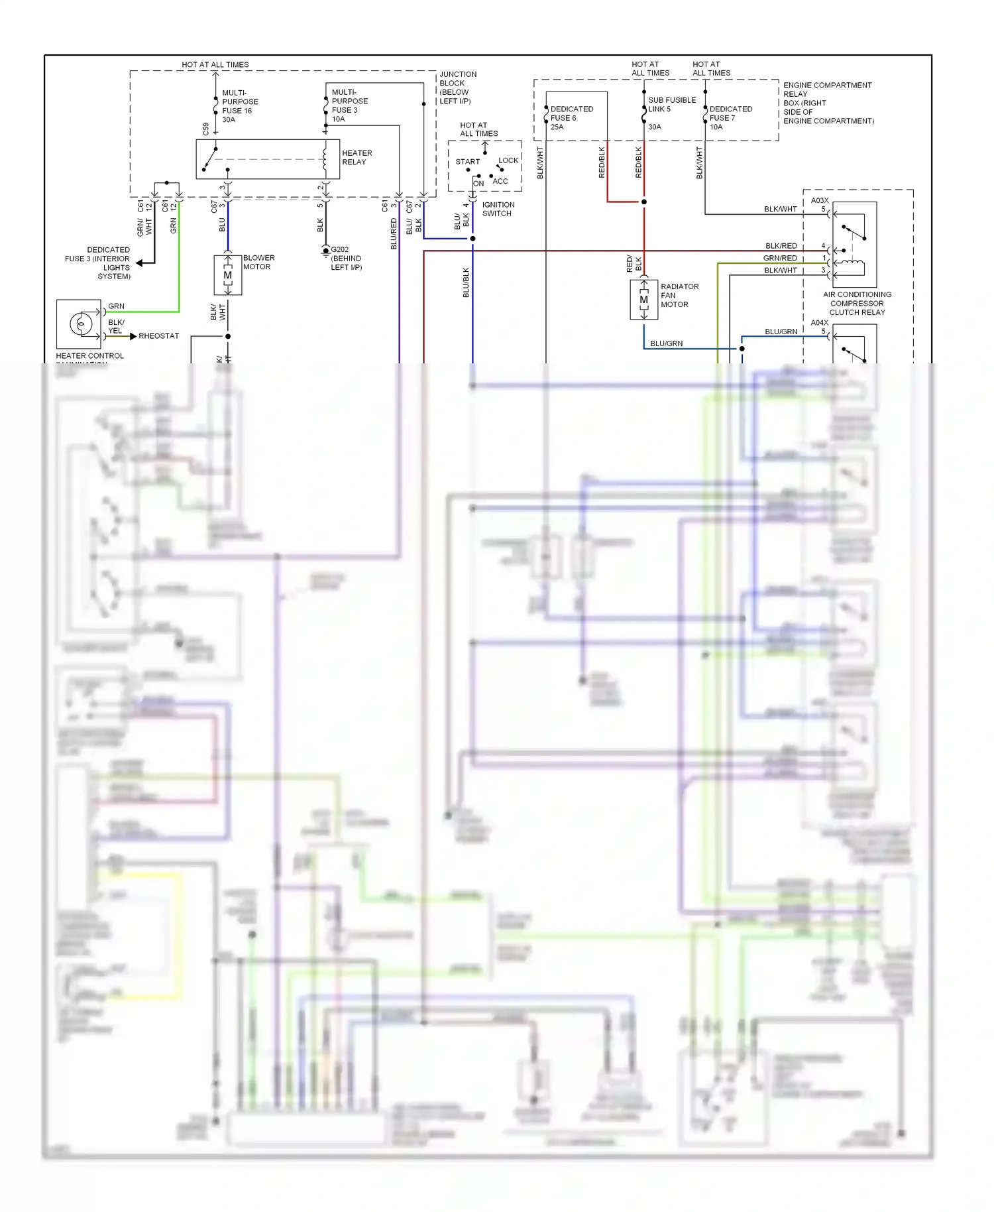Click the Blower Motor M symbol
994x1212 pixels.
click(x=227, y=275)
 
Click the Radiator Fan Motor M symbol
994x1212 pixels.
click(x=643, y=300)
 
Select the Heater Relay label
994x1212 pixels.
click(x=357, y=157)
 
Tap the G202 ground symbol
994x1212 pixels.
click(x=325, y=251)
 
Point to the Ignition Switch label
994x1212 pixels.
click(x=498, y=209)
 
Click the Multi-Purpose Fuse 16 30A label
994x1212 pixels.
click(x=239, y=106)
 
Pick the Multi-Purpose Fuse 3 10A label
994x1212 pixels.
click(x=349, y=105)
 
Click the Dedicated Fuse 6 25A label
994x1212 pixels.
click(x=571, y=117)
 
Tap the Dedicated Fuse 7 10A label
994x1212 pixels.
click(x=730, y=117)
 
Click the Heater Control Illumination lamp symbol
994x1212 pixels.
click(x=81, y=324)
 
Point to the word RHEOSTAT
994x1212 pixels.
click(x=158, y=336)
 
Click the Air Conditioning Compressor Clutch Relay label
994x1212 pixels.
click(x=857, y=303)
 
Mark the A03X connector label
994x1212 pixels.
click(x=820, y=200)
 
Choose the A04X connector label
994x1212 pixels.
click(x=820, y=323)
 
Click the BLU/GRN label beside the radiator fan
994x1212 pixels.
click(x=666, y=343)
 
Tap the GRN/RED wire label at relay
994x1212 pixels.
click(x=780, y=258)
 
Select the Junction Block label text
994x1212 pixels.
click(x=457, y=88)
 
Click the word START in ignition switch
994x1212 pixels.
click(x=467, y=162)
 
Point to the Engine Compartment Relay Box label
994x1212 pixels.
click(x=828, y=103)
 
